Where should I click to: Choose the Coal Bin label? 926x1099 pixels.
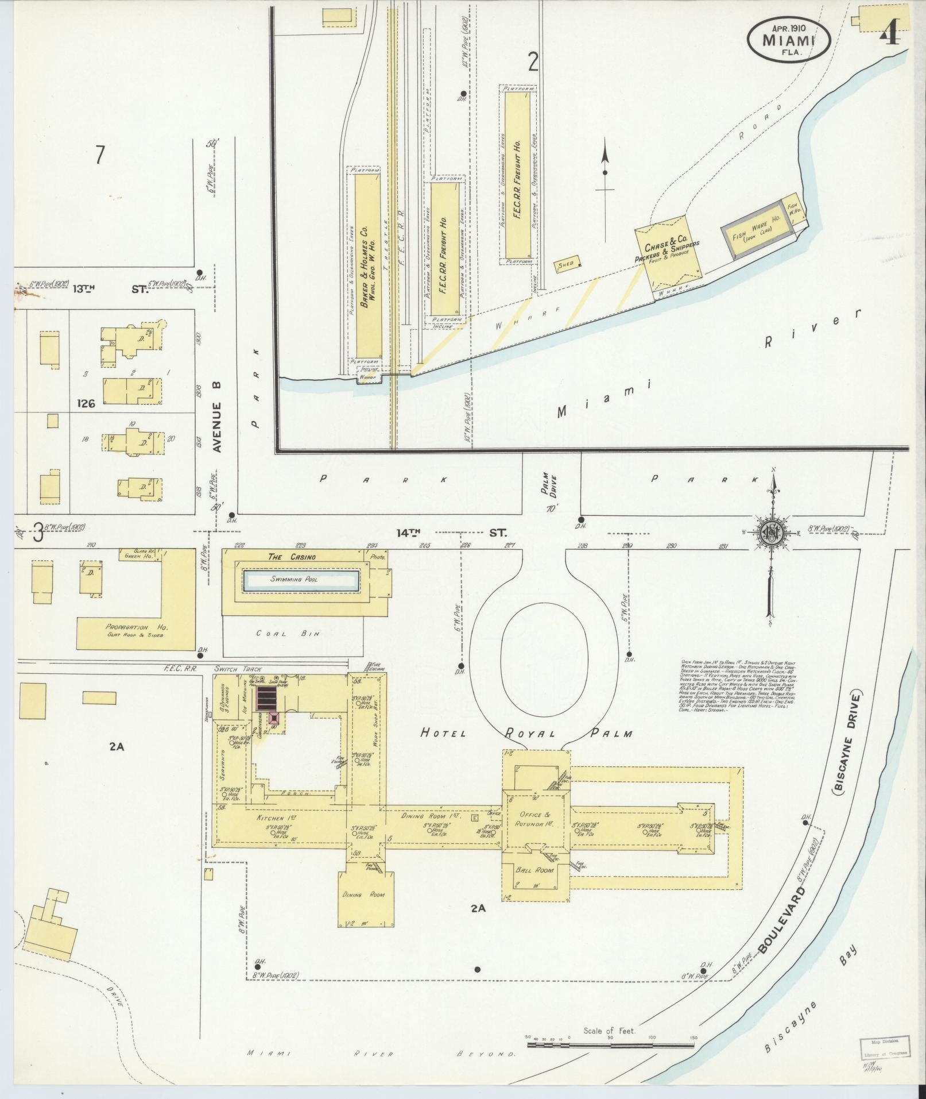(x=288, y=634)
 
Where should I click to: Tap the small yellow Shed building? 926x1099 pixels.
(x=566, y=265)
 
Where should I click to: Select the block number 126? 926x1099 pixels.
(x=86, y=403)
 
